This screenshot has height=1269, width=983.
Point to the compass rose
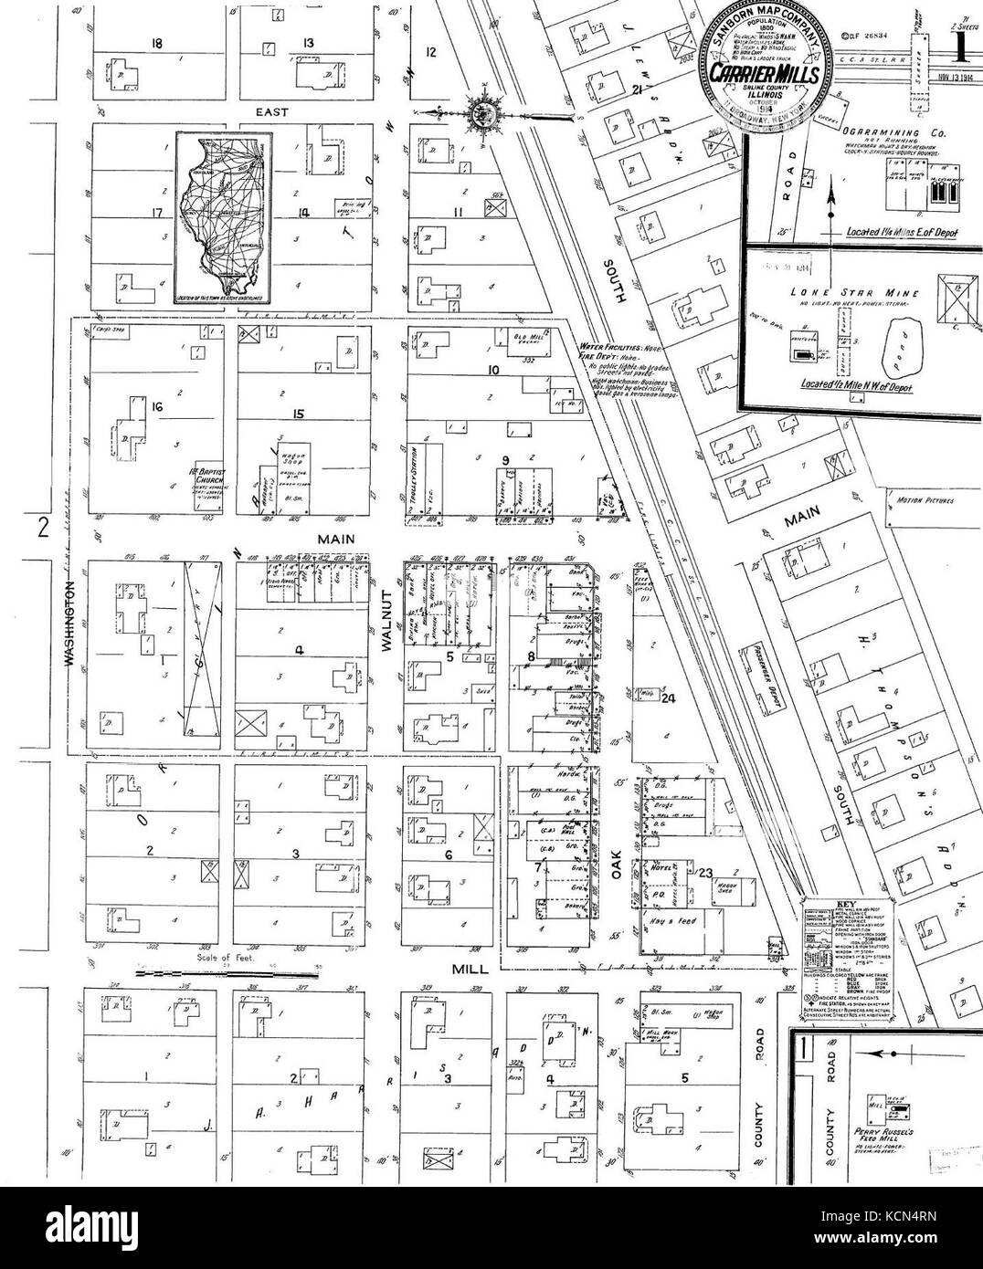pos(481,113)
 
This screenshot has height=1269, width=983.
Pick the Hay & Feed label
pos(678,920)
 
